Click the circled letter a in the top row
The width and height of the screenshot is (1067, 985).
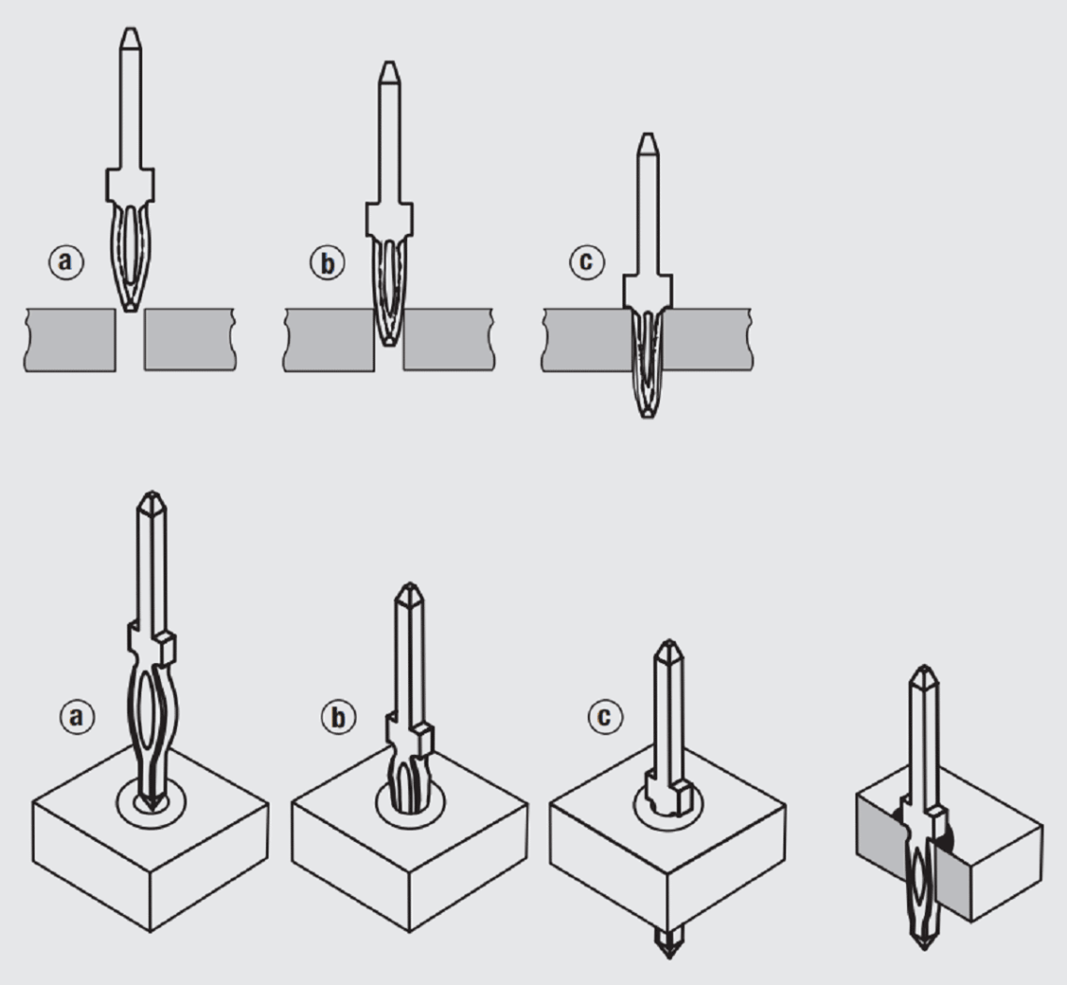pyautogui.click(x=66, y=262)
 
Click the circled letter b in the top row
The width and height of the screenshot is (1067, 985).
pyautogui.click(x=328, y=263)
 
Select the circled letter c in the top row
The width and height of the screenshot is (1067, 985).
pyautogui.click(x=587, y=262)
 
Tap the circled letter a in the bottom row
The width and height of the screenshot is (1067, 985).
pyautogui.click(x=77, y=717)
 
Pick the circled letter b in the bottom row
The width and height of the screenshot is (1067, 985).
pyautogui.click(x=338, y=717)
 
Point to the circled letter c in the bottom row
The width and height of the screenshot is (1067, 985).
pyautogui.click(x=605, y=716)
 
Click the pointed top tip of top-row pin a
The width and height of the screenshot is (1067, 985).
pyautogui.click(x=131, y=29)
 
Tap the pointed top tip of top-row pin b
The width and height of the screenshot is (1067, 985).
pyautogui.click(x=388, y=63)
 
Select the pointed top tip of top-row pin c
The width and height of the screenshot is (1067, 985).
pyautogui.click(x=648, y=134)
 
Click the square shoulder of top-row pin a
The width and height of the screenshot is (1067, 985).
pyautogui.click(x=130, y=185)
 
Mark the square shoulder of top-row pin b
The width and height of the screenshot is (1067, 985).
pyautogui.click(x=389, y=219)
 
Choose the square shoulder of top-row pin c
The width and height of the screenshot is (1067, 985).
pyautogui.click(x=648, y=291)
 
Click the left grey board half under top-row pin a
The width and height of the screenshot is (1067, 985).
pyautogui.click(x=70, y=340)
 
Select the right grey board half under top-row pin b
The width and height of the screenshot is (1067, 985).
pyautogui.click(x=449, y=340)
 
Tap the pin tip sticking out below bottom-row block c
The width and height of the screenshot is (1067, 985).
pyautogui.click(x=668, y=942)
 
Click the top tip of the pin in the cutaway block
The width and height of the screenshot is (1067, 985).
pyautogui.click(x=924, y=667)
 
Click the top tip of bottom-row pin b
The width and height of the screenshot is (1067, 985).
pyautogui.click(x=409, y=585)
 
